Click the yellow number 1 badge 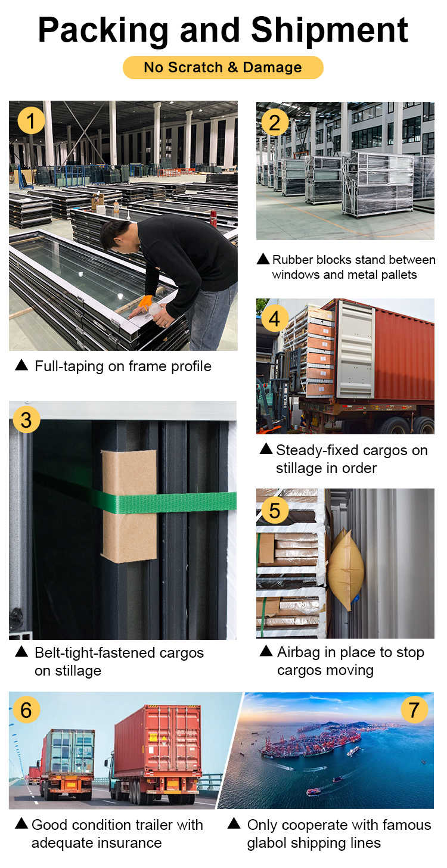tap(31, 120)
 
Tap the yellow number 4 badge tap(275, 319)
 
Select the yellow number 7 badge tap(414, 710)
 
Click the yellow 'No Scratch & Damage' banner tap(223, 67)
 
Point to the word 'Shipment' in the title tap(330, 30)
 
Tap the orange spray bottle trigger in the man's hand tap(146, 302)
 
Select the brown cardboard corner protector tap(129, 506)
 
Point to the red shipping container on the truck tap(403, 353)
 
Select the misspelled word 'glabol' tap(267, 843)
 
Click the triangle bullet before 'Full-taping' tap(21, 365)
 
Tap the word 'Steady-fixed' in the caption tap(317, 450)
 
